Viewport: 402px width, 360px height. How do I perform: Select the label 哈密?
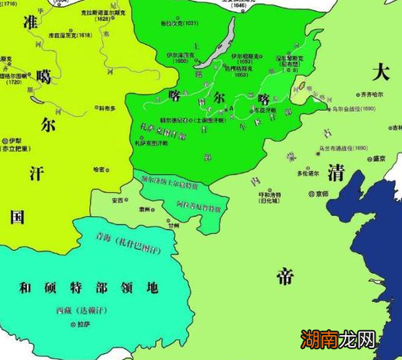point(98,168)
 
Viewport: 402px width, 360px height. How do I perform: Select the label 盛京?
point(377,159)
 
